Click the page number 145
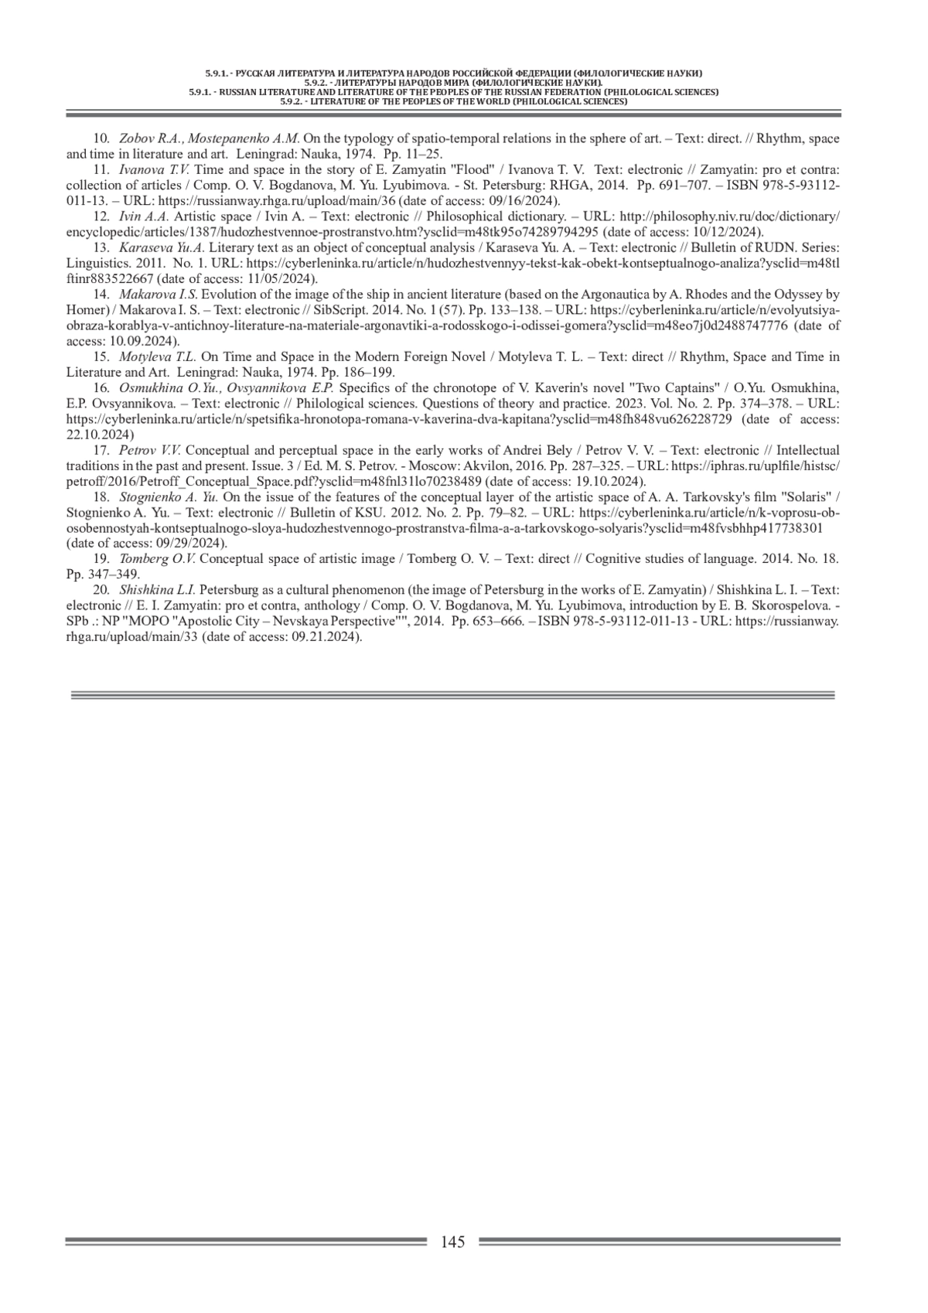pos(452,1242)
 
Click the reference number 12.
pos(101,217)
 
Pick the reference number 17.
pos(101,450)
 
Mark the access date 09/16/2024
pos(523,201)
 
